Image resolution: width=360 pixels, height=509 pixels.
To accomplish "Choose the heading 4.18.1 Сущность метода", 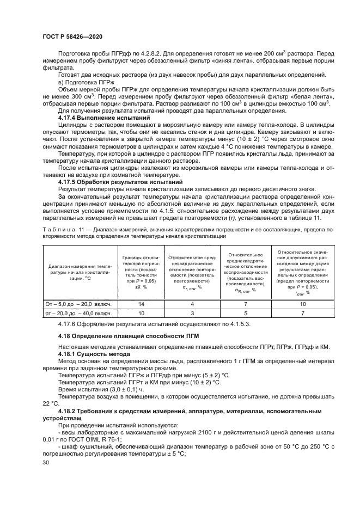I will (92, 354).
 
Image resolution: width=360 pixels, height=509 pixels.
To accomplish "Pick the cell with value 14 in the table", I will (141, 304).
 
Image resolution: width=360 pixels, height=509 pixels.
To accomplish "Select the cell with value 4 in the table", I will (192, 304).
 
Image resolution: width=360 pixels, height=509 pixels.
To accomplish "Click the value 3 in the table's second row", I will (192, 314).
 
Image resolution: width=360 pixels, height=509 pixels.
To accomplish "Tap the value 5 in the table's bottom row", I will (245, 314).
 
